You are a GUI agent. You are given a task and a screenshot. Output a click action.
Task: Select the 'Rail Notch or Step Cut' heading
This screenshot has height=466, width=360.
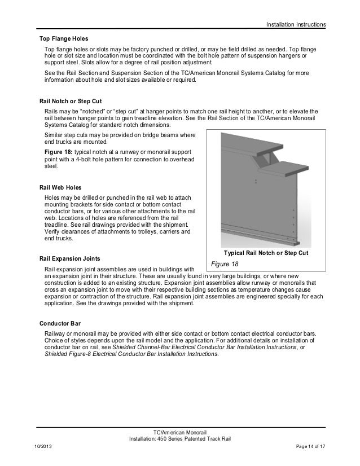(x=72, y=98)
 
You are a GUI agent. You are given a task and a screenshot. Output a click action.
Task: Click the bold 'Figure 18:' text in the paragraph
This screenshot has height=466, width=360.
(x=60, y=153)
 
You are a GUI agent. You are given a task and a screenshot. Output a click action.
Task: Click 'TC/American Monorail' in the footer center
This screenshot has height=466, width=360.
(x=180, y=432)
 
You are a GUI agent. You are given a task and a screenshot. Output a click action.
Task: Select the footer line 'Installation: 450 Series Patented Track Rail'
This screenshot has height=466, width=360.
(x=180, y=439)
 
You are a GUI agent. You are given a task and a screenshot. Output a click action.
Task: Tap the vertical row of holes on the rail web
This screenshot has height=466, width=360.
(x=292, y=220)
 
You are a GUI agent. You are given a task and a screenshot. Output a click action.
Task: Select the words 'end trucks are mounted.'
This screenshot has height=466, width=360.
(x=80, y=143)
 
